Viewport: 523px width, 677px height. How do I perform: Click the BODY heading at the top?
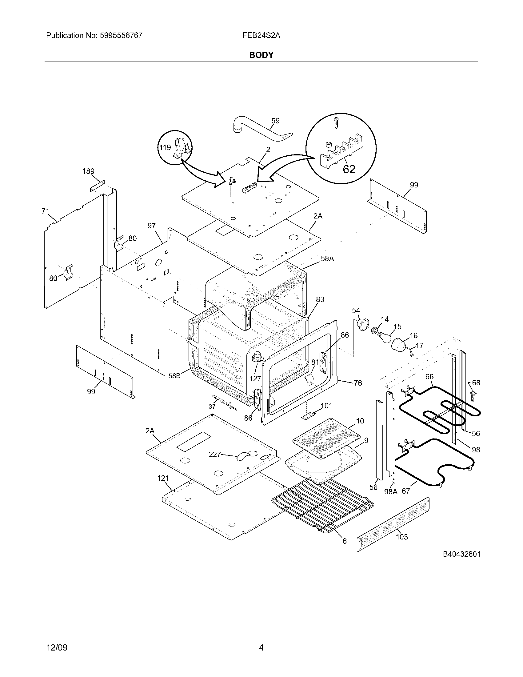(x=261, y=55)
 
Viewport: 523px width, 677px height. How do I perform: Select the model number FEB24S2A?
(x=261, y=35)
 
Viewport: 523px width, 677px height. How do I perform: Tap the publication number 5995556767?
(x=121, y=35)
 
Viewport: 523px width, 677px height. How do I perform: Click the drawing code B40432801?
(x=461, y=554)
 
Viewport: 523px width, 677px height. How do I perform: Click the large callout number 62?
(x=349, y=169)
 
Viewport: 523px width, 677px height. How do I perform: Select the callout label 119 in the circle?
(x=165, y=147)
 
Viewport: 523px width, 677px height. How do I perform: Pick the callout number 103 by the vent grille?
(x=402, y=537)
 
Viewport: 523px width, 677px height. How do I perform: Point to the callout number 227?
(x=214, y=455)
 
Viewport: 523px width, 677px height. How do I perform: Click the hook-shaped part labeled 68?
(x=473, y=395)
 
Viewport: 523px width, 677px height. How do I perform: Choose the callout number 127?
(x=255, y=379)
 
